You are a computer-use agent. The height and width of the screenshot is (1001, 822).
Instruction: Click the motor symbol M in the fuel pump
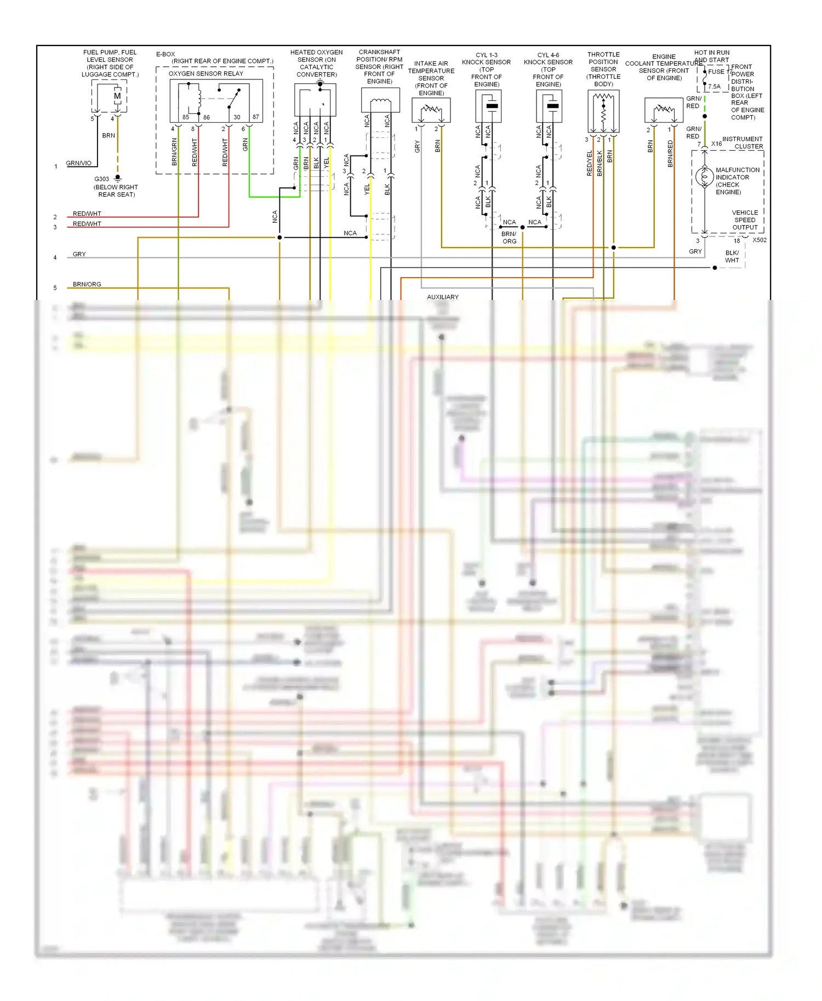(x=117, y=96)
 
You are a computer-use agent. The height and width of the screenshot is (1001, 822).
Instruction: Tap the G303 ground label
(x=102, y=179)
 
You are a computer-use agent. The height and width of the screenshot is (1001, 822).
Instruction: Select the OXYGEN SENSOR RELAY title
(x=206, y=73)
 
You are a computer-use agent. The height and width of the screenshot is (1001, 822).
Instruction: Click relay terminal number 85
(x=186, y=117)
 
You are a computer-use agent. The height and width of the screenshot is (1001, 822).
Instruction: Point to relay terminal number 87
(x=255, y=117)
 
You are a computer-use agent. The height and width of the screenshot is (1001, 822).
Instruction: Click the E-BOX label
(x=165, y=54)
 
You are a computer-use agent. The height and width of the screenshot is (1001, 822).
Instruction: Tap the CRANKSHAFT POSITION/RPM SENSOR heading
(x=379, y=67)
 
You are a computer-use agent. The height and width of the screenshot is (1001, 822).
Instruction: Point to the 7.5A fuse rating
(x=714, y=87)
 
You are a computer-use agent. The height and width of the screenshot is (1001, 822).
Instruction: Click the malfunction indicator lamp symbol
(x=704, y=177)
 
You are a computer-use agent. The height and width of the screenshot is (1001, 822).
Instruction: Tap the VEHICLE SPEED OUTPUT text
(x=745, y=220)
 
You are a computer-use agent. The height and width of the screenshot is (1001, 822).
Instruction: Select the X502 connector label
(x=760, y=240)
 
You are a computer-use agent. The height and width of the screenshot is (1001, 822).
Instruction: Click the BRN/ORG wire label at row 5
(x=87, y=284)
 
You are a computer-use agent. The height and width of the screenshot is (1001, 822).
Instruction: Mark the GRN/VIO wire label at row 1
(x=79, y=163)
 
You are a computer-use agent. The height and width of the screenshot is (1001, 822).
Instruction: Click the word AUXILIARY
(x=443, y=297)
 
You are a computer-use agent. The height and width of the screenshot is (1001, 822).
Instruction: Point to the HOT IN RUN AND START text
(x=712, y=56)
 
